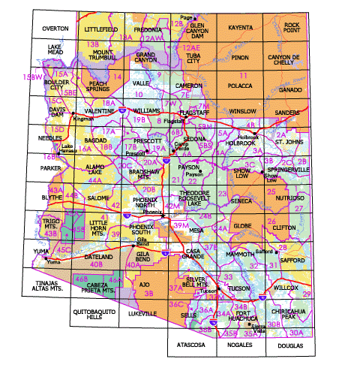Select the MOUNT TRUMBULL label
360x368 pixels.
tap(97, 60)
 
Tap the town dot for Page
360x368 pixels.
tap(195, 17)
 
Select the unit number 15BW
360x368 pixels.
tap(31, 77)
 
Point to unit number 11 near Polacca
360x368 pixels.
tap(242, 76)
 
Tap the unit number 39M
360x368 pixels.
tap(181, 225)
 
